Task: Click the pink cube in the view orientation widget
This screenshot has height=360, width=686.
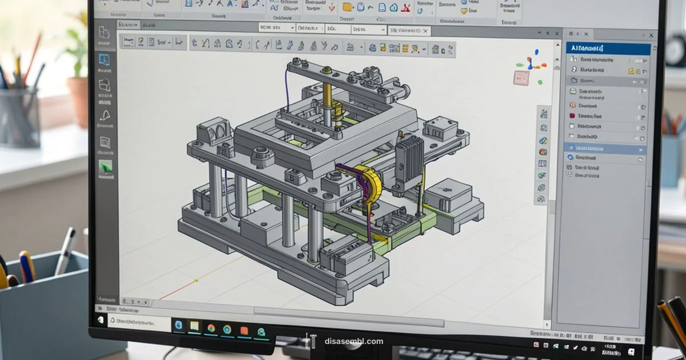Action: point(521,77)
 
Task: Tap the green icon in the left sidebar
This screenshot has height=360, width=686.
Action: point(106,167)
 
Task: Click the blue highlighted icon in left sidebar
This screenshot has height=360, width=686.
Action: point(104,59)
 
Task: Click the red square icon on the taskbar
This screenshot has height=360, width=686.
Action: point(244,329)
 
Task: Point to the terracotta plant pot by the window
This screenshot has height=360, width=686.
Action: point(78,100)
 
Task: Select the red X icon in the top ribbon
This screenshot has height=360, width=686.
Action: point(406,8)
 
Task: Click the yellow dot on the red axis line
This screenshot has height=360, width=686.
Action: point(196,281)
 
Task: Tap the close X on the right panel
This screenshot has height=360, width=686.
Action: point(651,35)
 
